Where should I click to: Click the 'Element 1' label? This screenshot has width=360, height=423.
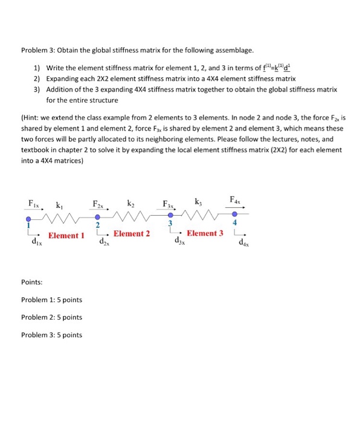66,236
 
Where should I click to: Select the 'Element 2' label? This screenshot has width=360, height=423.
132,233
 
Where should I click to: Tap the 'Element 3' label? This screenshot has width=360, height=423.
205,233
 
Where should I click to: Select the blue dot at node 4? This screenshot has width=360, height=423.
242,214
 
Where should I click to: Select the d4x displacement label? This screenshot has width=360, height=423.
243,245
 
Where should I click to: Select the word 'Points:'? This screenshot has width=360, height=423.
31,282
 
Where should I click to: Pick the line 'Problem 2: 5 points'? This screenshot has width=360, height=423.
51,317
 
